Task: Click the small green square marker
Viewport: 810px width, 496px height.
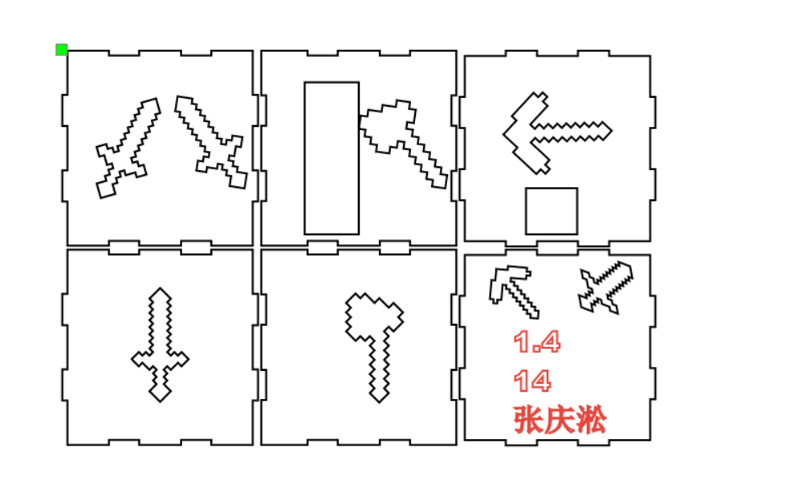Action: point(61,50)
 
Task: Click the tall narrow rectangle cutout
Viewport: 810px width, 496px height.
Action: point(331,157)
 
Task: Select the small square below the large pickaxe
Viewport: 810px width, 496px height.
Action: point(551,211)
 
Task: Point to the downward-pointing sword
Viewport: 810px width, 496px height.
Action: point(161,345)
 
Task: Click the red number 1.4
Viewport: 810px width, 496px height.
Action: point(536,343)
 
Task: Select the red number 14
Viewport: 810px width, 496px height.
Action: point(532,381)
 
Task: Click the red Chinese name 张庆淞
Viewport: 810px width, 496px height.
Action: point(560,421)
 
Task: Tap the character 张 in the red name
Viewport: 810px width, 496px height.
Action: point(529,421)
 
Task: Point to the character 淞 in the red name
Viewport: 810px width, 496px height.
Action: point(591,421)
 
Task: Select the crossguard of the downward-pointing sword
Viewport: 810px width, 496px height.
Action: point(161,360)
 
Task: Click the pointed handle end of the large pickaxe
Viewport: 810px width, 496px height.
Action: point(607,130)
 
